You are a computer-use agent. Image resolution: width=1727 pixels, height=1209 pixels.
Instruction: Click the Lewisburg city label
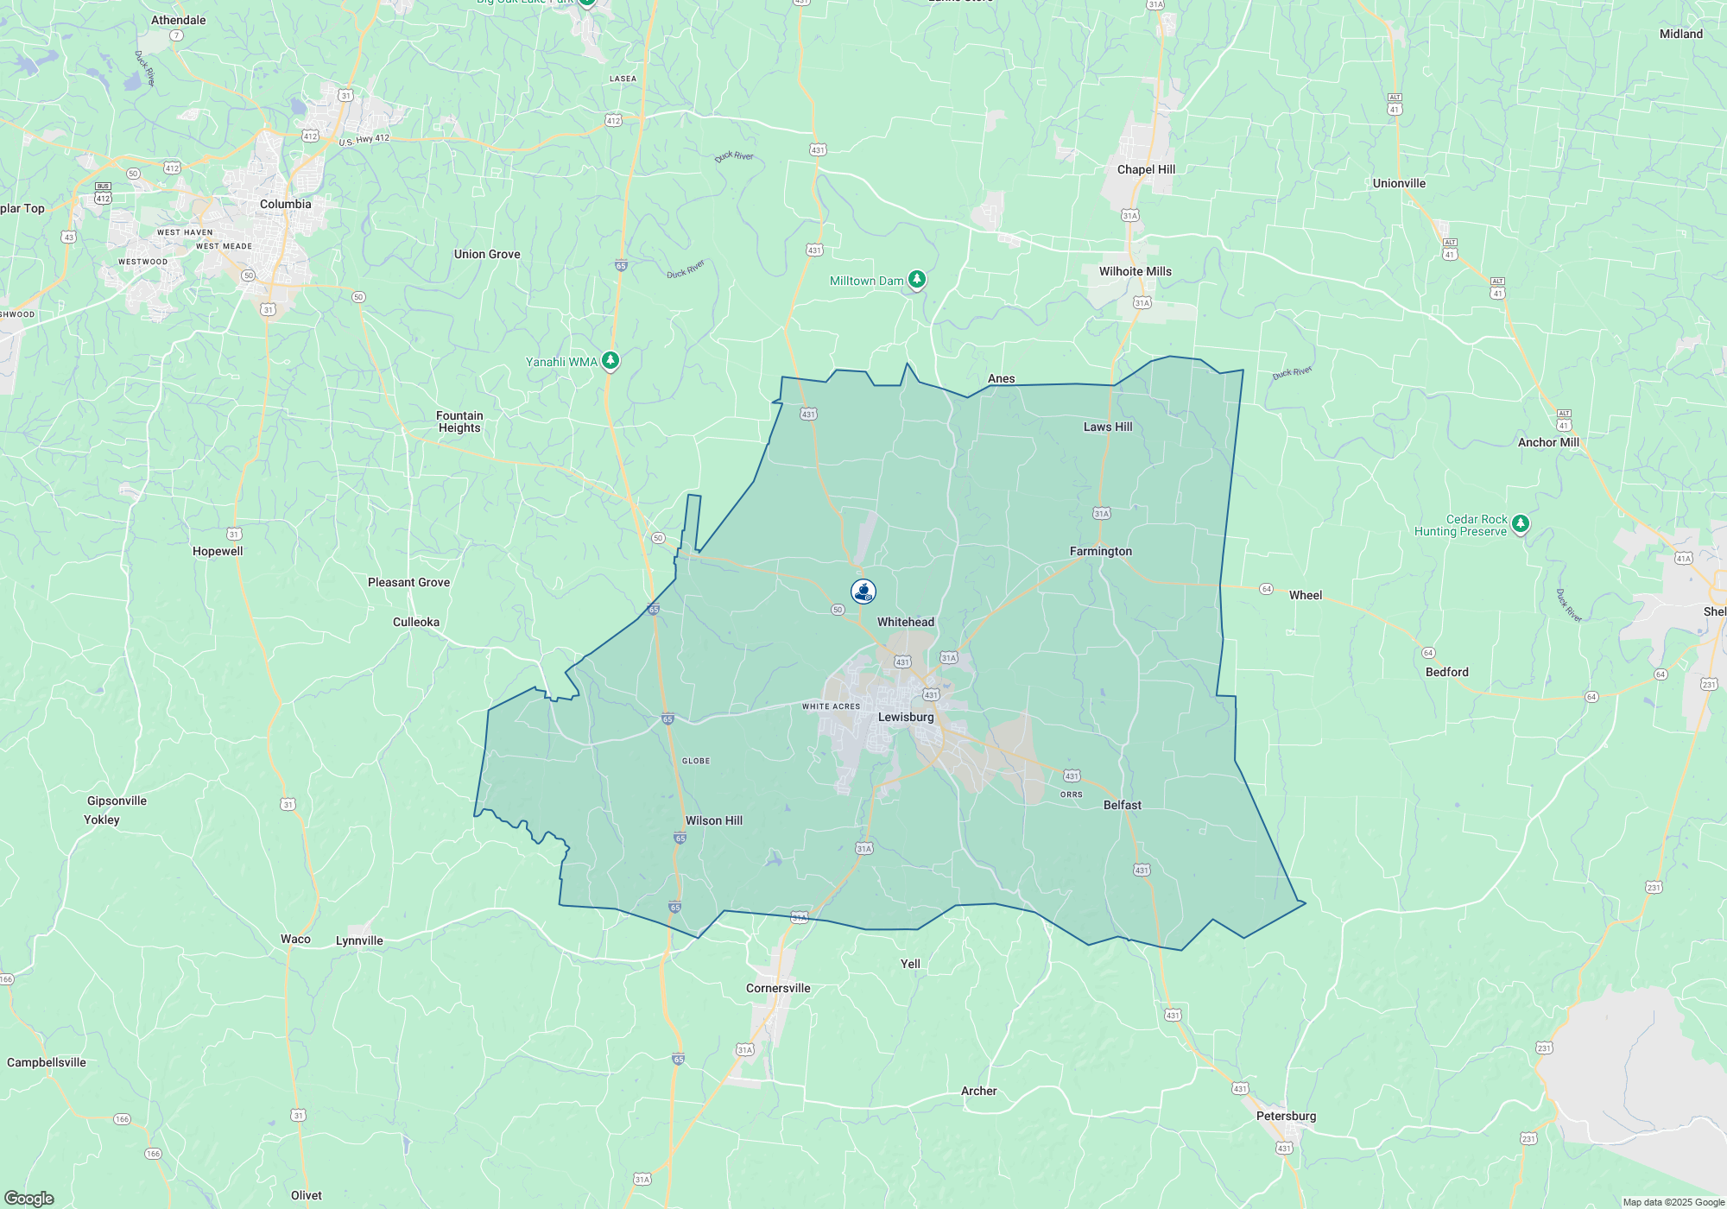click(x=906, y=717)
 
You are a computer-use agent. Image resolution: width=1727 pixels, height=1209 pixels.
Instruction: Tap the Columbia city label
click(x=285, y=204)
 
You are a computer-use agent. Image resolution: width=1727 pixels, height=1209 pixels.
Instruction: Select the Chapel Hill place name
click(x=1146, y=169)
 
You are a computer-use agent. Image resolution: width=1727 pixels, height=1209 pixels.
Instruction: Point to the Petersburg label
click(x=1286, y=1116)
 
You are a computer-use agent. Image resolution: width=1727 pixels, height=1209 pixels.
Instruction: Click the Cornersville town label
click(x=778, y=988)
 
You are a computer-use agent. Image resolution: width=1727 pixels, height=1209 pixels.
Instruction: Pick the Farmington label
click(x=1100, y=551)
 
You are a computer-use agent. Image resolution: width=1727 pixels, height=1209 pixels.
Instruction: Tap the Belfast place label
click(x=1122, y=805)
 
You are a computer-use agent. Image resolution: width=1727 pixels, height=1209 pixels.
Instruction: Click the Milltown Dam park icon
click(x=917, y=279)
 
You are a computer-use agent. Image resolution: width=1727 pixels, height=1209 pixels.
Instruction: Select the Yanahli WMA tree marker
click(x=610, y=360)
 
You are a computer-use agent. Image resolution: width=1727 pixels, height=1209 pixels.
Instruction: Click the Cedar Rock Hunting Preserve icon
click(x=1521, y=523)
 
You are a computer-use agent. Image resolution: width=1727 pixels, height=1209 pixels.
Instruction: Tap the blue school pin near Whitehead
click(x=863, y=591)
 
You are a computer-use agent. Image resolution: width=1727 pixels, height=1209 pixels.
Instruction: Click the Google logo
click(x=29, y=1198)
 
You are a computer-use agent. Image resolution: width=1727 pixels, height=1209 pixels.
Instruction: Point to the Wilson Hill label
click(x=713, y=820)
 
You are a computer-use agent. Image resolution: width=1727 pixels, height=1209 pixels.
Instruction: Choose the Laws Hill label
click(x=1108, y=427)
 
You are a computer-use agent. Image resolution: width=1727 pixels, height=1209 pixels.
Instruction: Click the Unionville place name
click(x=1399, y=183)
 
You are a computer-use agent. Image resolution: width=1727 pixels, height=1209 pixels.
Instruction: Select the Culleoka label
click(x=415, y=622)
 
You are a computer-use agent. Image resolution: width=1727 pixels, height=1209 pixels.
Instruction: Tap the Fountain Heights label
click(x=459, y=421)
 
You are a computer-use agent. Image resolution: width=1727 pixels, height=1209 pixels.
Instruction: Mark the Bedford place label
click(x=1446, y=672)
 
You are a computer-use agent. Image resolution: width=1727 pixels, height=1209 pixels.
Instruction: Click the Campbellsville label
click(x=47, y=1062)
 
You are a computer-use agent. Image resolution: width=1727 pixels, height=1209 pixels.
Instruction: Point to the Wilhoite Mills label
click(x=1135, y=271)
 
